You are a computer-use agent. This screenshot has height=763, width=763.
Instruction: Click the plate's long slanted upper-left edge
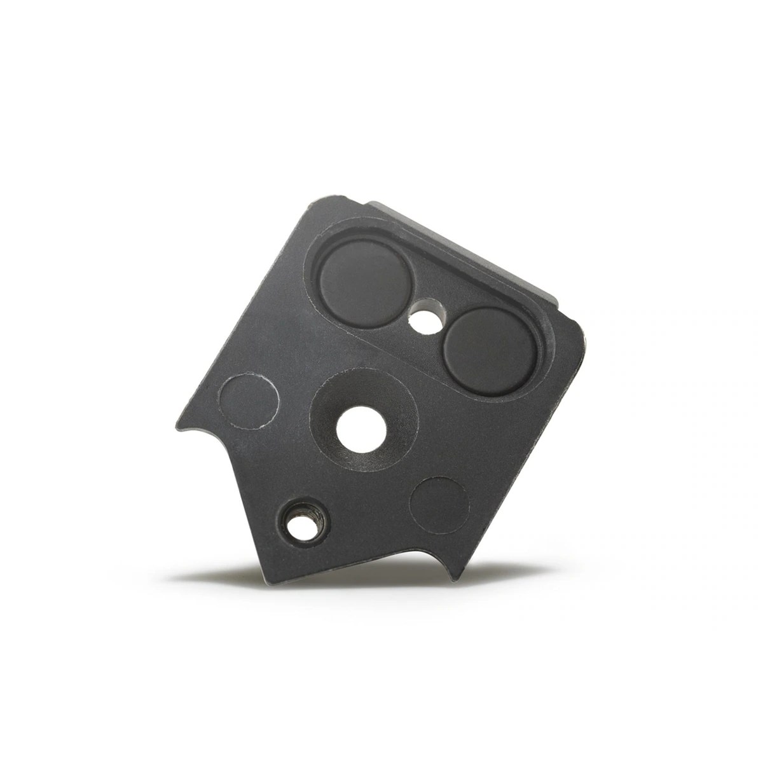tap(242, 305)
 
